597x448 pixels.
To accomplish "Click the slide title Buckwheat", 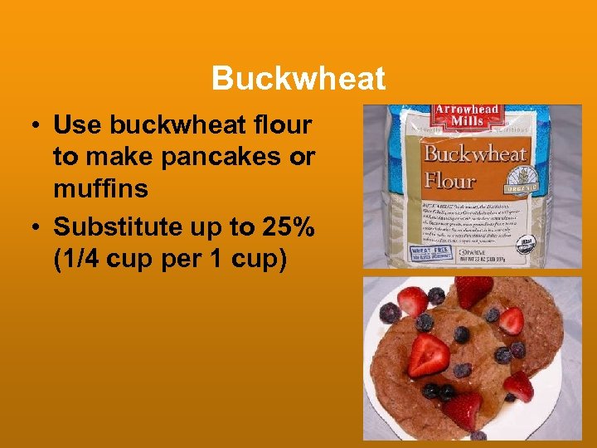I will coord(298,79).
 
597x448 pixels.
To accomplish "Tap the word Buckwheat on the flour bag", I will coord(475,154).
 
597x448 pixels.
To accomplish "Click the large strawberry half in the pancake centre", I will coord(429,354).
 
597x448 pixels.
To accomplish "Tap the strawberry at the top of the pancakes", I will coord(473,291).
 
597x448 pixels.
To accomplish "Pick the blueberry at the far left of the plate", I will coord(389,313).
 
